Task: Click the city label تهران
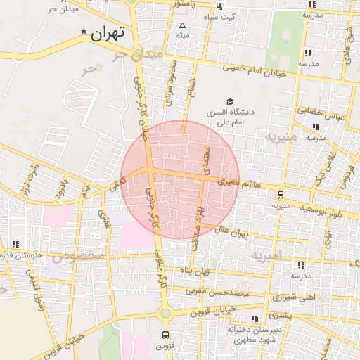[x=108, y=33]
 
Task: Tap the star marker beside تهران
[x=85, y=32]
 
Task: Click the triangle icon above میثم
[x=182, y=25]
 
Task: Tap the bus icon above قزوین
[x=166, y=335]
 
